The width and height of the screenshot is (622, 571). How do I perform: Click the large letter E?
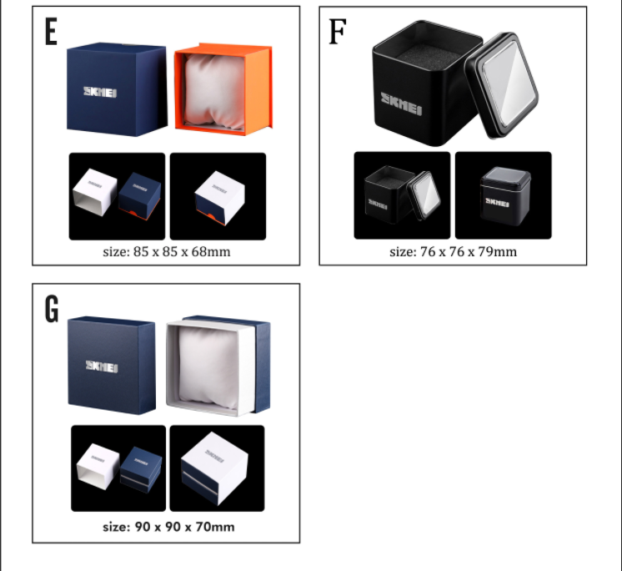coord(51,32)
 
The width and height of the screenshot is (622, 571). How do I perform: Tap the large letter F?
coord(338,32)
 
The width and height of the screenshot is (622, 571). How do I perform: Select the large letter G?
coord(52,309)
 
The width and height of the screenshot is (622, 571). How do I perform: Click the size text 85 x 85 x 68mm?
coord(182,252)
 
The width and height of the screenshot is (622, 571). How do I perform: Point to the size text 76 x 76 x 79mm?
coord(469,252)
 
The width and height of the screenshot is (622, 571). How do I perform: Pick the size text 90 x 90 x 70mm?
coord(184,527)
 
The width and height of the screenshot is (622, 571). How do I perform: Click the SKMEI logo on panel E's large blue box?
coord(100,92)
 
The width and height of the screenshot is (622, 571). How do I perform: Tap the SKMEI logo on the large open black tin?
coord(401,104)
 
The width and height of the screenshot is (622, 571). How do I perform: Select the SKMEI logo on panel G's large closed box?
coord(102,366)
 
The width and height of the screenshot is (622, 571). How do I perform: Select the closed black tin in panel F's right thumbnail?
coord(505,196)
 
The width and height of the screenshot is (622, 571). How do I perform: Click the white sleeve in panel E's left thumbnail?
coord(95,192)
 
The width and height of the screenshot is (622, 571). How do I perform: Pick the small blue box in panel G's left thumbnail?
coord(141,470)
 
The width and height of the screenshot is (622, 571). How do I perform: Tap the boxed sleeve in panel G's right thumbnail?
coord(214,468)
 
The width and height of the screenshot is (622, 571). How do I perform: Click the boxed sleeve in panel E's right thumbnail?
coord(220,198)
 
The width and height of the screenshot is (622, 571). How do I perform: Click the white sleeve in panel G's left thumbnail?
coord(98,466)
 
